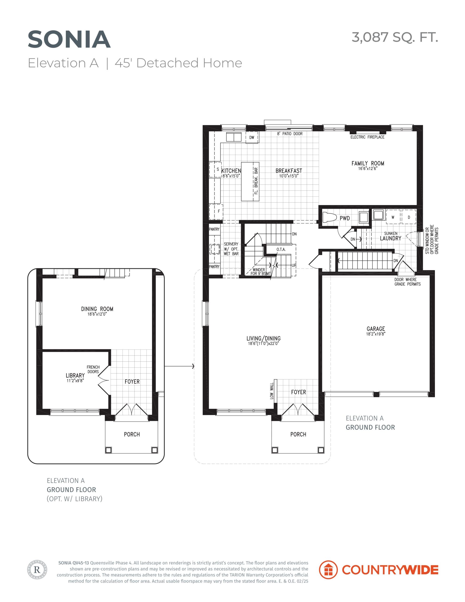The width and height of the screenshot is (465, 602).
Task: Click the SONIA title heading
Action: [69, 40]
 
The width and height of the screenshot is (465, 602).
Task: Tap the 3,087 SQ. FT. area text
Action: [395, 37]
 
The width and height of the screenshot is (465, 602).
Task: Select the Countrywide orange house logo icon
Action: [328, 570]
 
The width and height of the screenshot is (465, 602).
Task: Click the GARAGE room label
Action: [376, 329]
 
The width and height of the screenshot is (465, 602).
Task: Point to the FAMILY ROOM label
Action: [368, 163]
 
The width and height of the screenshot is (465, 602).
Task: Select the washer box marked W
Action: [393, 217]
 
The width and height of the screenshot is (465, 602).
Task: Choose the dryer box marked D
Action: [409, 217]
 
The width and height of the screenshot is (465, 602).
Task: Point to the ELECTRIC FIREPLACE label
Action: [367, 137]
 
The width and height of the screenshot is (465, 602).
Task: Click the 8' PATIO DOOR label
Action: [290, 134]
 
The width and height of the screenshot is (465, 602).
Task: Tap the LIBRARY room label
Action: [75, 375]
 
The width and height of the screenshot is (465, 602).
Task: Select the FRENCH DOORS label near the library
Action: [93, 369]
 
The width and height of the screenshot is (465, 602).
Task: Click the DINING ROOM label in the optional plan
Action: [97, 309]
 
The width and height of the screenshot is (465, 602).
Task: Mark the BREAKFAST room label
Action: [289, 171]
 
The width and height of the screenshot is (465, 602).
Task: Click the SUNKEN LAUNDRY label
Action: [390, 236]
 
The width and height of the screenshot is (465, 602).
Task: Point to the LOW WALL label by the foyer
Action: [272, 391]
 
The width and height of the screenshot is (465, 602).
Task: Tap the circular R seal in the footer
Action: [37, 570]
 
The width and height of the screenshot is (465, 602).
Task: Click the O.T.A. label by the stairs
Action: [281, 250]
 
